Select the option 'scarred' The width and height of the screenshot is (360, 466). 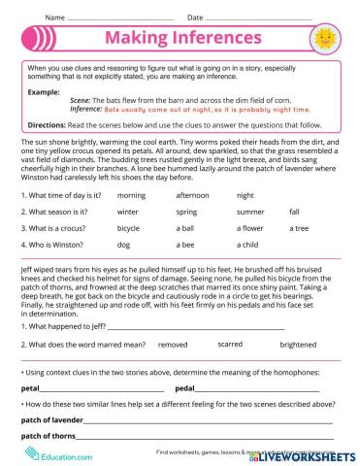(x=230, y=344)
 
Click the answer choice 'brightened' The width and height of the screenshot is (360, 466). (x=297, y=344)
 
